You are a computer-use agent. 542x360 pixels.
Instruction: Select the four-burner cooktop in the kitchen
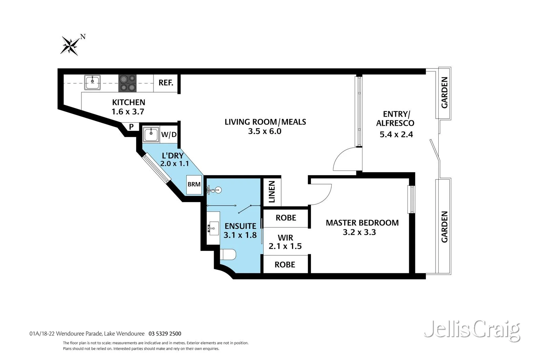[127, 83]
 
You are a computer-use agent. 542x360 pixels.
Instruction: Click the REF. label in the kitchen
[166, 83]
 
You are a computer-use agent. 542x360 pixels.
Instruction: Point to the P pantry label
[131, 127]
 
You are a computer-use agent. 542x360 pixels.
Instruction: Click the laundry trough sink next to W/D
[150, 134]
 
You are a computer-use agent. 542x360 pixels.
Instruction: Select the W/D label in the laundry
[169, 135]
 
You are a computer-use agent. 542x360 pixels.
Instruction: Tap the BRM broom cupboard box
[194, 184]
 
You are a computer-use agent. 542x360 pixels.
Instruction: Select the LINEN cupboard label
[272, 192]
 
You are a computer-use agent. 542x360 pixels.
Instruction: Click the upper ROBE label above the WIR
[286, 218]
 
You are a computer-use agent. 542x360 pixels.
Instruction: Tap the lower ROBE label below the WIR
[285, 264]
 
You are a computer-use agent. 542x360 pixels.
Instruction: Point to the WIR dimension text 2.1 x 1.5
[285, 246]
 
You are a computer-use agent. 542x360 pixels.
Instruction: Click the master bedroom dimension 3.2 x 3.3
[359, 232]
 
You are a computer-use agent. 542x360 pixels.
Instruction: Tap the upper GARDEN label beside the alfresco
[444, 93]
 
